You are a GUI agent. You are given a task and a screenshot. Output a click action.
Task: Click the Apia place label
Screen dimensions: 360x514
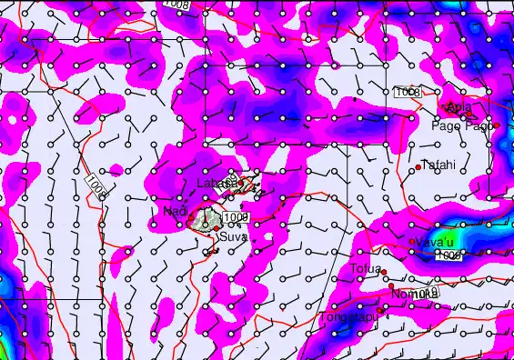click(459, 109)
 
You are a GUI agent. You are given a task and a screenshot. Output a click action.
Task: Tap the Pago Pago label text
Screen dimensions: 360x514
click(461, 125)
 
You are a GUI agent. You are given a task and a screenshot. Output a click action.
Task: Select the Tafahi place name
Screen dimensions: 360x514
click(438, 165)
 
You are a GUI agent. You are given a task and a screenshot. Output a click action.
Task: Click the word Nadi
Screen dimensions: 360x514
click(175, 212)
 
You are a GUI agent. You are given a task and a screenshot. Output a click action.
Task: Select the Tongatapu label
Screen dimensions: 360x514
click(347, 317)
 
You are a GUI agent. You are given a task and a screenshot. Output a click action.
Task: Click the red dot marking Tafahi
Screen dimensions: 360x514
click(418, 167)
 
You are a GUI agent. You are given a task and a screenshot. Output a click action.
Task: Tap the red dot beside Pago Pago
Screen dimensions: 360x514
click(497, 125)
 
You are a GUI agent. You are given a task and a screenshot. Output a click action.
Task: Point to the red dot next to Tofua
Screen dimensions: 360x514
click(384, 272)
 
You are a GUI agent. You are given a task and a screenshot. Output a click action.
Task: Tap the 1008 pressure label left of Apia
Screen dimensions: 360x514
click(407, 93)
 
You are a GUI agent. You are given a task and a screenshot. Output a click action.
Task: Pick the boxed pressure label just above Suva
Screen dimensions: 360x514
click(236, 217)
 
